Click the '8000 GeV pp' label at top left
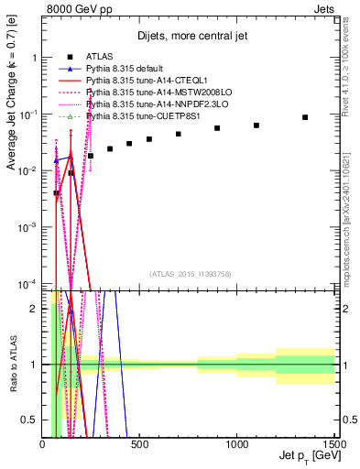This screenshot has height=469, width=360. (x=79, y=11)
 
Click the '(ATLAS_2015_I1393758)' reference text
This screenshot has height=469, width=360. (x=190, y=272)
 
